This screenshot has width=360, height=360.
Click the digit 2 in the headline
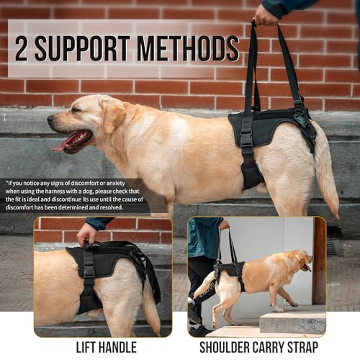[x=22, y=49]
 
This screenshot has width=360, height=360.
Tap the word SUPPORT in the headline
[x=82, y=49]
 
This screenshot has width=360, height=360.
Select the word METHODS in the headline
[x=188, y=49]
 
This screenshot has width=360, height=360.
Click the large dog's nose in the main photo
[x=50, y=119]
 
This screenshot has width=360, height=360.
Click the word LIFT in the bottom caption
[x=86, y=347]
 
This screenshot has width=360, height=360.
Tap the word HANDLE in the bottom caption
[x=117, y=347]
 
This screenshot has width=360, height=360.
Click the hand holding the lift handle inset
[x=86, y=234]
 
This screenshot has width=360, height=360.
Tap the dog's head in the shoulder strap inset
[x=304, y=260]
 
